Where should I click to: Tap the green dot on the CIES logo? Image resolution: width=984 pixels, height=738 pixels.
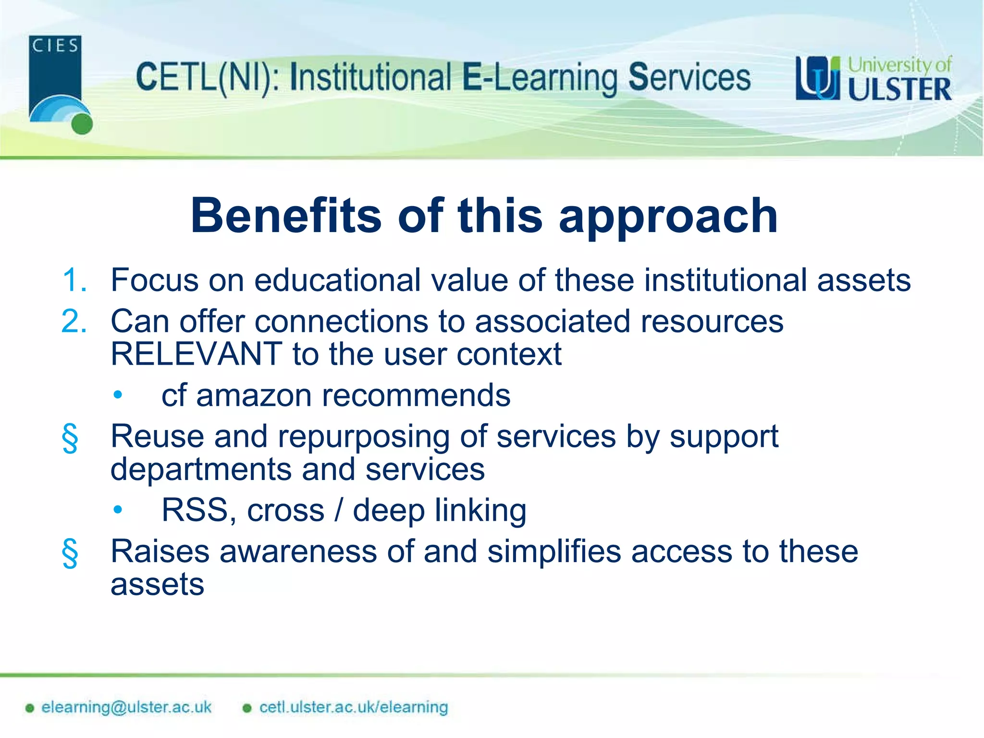pos(82,124)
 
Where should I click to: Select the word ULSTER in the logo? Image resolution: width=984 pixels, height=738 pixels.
pos(899,90)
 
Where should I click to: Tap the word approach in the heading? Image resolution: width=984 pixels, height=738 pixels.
pos(668,217)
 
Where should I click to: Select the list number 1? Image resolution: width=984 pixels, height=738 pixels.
pos(74,280)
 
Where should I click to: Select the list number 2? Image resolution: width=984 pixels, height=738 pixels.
pos(74,321)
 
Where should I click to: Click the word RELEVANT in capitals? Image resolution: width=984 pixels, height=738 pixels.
pos(196,354)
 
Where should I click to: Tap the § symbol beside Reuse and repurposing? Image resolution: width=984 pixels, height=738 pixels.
pos(70,438)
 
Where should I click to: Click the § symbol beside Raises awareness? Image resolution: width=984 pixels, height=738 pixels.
pos(70,553)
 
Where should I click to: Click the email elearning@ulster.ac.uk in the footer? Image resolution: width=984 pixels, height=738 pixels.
pos(126,707)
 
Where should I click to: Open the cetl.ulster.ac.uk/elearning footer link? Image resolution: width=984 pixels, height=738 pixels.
pos(353,707)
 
